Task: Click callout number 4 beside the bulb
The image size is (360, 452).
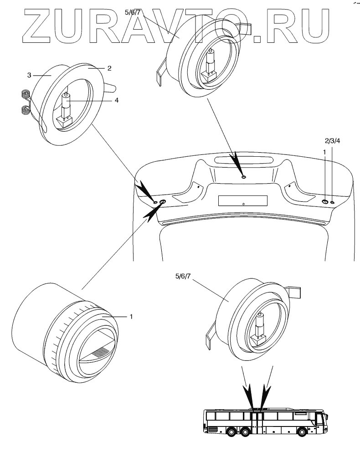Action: coord(117,100)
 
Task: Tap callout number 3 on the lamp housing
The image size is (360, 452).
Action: coord(29,75)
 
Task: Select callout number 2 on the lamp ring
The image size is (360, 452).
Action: coord(109,68)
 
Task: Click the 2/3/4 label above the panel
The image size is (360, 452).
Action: coord(332,141)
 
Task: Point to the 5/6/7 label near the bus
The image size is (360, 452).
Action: coord(183,276)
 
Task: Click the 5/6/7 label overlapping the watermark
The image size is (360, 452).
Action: coord(132,12)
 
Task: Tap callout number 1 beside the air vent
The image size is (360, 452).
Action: coord(131,317)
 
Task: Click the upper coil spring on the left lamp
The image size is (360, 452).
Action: coord(26,95)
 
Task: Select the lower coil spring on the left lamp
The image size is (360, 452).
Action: coord(26,110)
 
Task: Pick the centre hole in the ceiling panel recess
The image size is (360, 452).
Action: coord(243,176)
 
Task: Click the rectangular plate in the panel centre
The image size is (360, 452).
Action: coord(243,200)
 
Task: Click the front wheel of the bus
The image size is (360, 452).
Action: coord(302,432)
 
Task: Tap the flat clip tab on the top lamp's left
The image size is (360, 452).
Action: coord(159,73)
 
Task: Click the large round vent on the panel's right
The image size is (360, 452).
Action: coord(324,202)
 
